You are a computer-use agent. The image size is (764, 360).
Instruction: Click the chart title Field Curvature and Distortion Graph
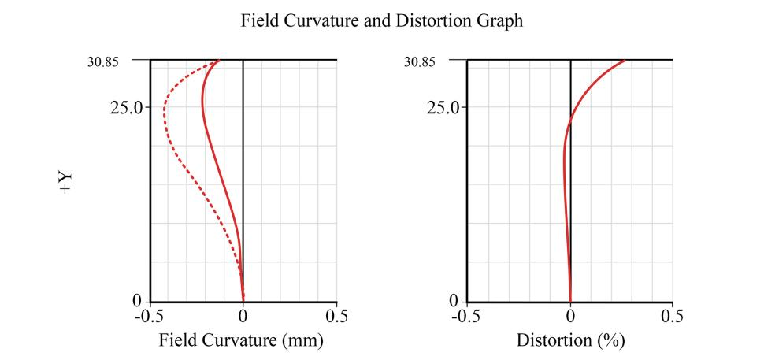[x=382, y=22]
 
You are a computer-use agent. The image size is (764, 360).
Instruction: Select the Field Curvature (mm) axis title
[x=242, y=341]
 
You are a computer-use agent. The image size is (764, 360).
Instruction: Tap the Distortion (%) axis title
[x=570, y=341]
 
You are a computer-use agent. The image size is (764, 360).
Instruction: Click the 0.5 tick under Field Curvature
[x=336, y=317]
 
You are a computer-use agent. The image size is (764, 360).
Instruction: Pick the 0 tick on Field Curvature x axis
[x=243, y=317]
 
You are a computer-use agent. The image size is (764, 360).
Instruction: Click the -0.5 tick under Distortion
[x=466, y=317]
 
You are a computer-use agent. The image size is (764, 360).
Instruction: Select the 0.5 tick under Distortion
[x=672, y=317]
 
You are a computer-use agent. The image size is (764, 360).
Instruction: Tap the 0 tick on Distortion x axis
[x=570, y=317]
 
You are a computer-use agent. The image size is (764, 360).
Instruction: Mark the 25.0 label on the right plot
[x=443, y=106]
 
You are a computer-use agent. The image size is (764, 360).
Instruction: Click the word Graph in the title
[x=499, y=22]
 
